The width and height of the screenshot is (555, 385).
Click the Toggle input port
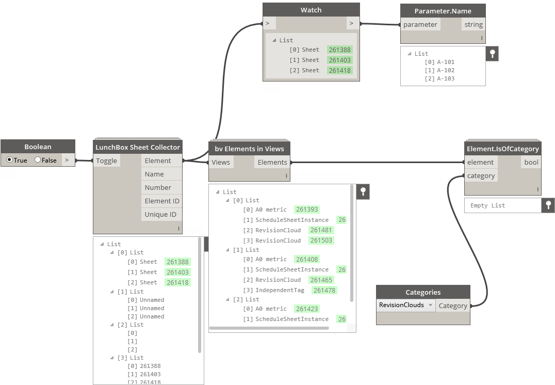107,161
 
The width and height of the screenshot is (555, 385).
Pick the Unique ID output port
160,214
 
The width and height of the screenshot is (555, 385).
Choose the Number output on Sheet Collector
158,187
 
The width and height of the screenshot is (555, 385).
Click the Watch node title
311,10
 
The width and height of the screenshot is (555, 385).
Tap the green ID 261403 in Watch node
339,60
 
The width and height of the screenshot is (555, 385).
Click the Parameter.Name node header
443,11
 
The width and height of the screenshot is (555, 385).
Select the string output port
473,24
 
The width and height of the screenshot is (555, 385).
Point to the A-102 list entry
446,70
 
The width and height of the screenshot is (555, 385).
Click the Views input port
221,162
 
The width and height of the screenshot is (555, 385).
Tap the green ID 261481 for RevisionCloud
321,230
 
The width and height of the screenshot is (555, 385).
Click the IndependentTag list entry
280,290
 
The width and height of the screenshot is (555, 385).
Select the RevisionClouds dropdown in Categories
404,305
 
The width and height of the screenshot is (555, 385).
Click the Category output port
452,306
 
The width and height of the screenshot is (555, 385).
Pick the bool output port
531,162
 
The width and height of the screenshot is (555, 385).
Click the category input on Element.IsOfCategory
481,175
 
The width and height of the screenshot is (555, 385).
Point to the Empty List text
487,205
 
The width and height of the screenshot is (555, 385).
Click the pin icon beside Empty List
548,205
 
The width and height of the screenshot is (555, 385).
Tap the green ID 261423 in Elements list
307,309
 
